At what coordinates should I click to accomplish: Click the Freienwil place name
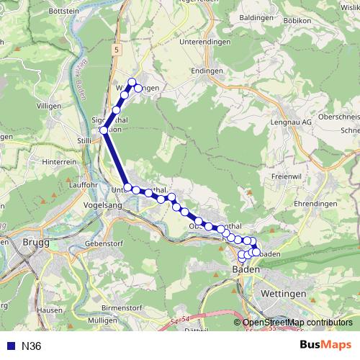click(x=287, y=176)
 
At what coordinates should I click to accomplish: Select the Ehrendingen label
click(x=315, y=203)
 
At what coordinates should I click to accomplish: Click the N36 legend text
click(x=31, y=346)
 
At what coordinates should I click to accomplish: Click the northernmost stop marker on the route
click(x=132, y=81)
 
